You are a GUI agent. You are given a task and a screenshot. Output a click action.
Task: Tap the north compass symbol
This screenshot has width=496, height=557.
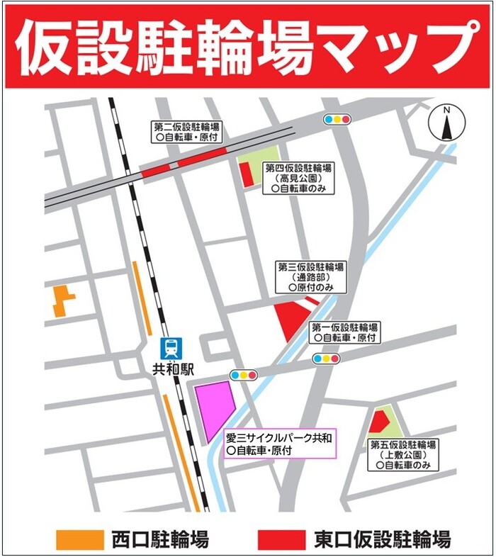click(446, 125)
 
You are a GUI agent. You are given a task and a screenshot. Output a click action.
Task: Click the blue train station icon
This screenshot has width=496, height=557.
click(171, 348)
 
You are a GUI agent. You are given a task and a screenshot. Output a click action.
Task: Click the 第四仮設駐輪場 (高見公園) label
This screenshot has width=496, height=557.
click(298, 178)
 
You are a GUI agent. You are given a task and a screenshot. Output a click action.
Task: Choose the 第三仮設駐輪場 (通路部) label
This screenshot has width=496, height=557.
click(311, 277)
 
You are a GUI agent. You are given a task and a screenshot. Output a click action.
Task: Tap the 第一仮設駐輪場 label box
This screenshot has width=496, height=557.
click(345, 333)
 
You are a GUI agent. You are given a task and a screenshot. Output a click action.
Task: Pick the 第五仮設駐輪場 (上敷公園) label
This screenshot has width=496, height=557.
click(403, 455)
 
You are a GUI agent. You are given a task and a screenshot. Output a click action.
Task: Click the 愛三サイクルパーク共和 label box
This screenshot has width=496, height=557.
click(278, 444)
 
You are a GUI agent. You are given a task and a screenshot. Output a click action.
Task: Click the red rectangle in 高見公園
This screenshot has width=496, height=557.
click(247, 174)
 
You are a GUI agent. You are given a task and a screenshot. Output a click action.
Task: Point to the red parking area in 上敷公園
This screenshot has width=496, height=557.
click(378, 422)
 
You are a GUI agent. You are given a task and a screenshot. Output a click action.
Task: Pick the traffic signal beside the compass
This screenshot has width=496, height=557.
click(337, 119)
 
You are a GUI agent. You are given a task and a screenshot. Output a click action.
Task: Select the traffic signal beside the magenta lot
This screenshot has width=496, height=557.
click(244, 374)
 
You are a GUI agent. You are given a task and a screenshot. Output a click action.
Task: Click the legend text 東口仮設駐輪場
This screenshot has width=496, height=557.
click(382, 539)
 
